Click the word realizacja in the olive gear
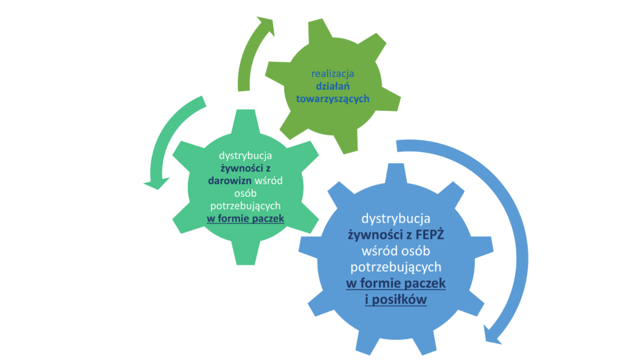pos(333,74)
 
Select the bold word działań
pos(333,87)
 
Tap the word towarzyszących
pos(333,98)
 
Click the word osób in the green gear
pos(245,193)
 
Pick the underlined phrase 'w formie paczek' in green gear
pos(245,217)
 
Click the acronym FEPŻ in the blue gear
pos(420,234)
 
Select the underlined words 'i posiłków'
pos(396,299)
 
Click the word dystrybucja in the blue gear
pos(396,218)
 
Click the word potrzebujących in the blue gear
pos(396,267)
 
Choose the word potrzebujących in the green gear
pos(245,205)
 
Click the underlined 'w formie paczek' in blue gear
pos(396,283)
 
